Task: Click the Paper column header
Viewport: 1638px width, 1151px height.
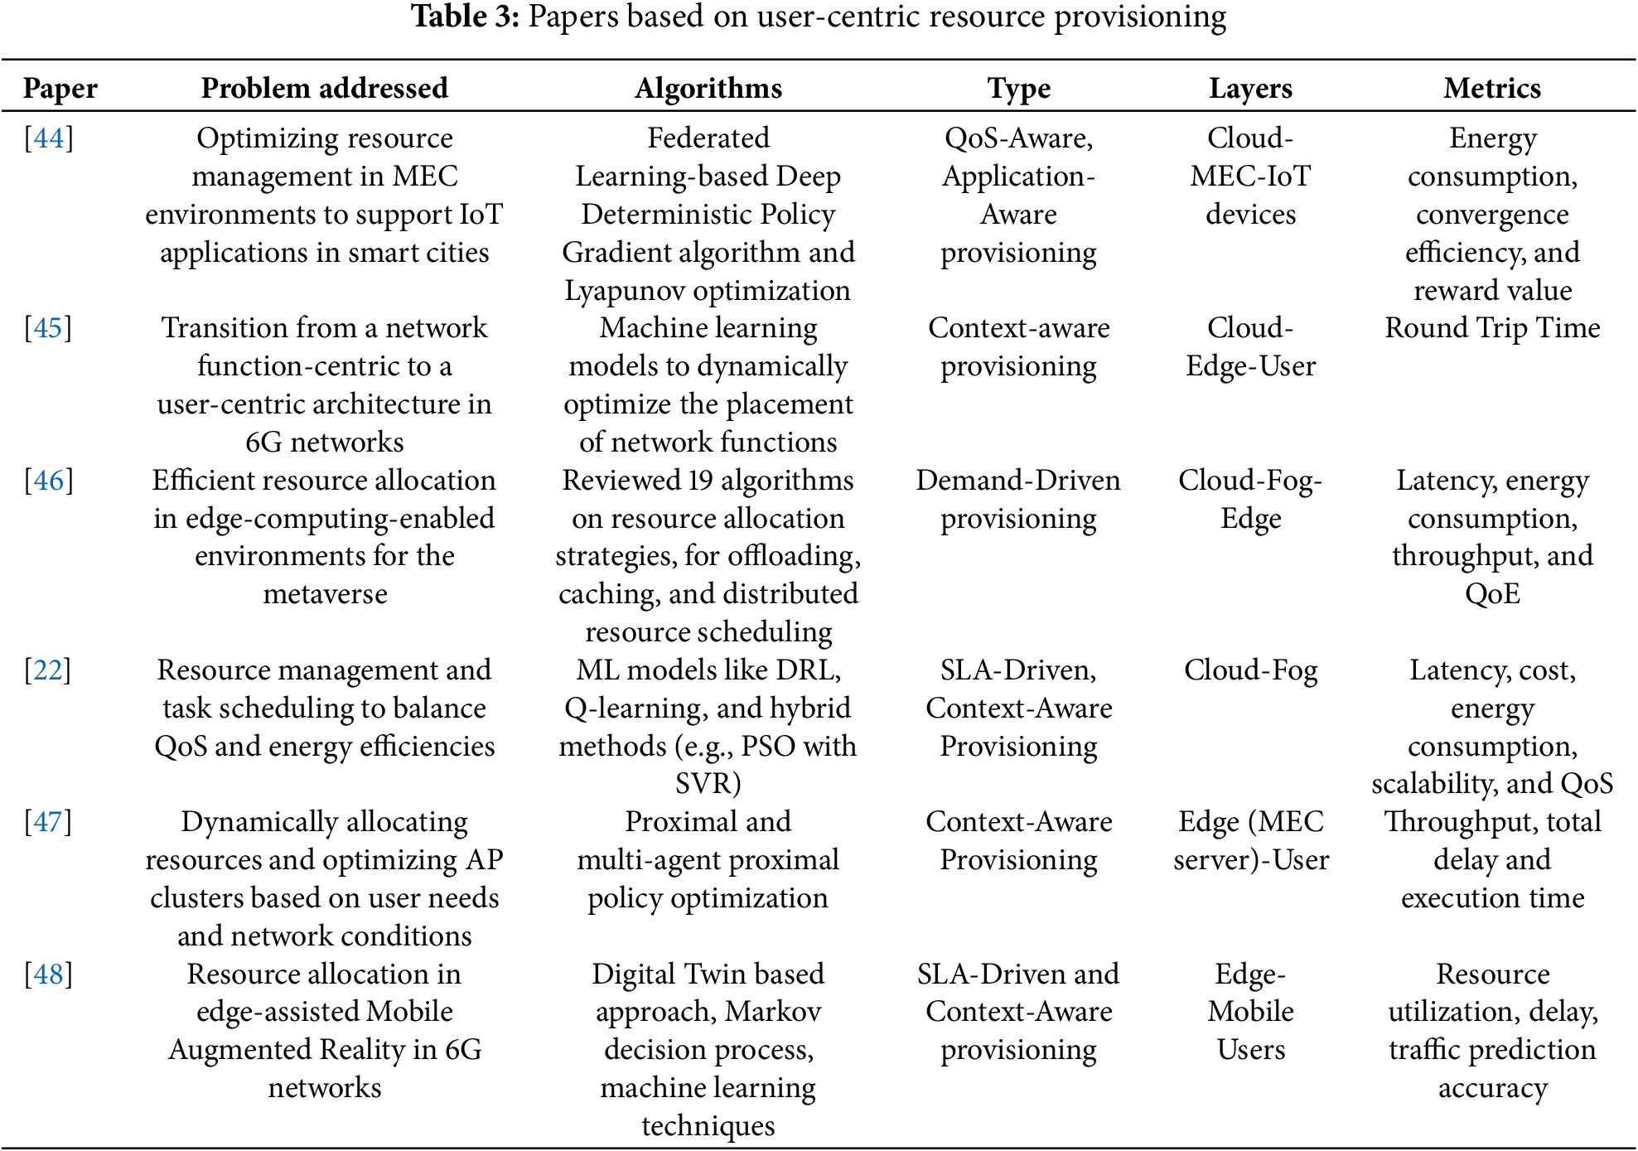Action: [x=60, y=88]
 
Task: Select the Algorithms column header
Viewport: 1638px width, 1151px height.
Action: [x=708, y=88]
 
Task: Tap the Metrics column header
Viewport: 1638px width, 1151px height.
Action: [x=1492, y=88]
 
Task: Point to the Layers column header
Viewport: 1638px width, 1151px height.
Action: [x=1250, y=88]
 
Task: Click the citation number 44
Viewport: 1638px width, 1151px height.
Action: [x=49, y=138]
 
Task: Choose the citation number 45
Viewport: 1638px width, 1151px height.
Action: [x=49, y=328]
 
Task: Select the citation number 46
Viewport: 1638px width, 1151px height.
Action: [x=49, y=481]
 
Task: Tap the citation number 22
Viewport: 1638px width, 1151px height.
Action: [x=48, y=670]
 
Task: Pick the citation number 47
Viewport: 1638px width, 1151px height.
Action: [x=48, y=822]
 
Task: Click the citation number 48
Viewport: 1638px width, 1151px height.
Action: [x=49, y=974]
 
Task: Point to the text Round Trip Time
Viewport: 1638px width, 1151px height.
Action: [x=1492, y=328]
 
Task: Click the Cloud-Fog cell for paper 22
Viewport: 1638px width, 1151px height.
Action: [x=1250, y=670]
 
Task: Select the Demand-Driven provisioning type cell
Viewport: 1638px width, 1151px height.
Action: [x=1018, y=499]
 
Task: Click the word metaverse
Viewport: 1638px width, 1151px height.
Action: [x=325, y=594]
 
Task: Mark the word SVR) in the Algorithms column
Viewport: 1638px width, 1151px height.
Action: [x=708, y=783]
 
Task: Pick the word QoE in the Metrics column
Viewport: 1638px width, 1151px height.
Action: [x=1492, y=594]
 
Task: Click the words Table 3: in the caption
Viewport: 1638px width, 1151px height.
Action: [x=466, y=17]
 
